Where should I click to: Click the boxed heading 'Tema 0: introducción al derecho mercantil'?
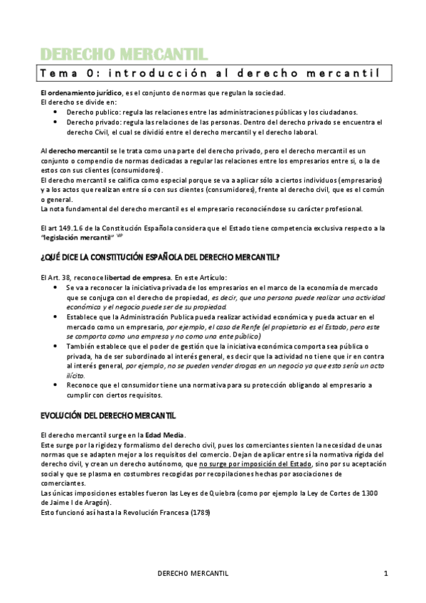pos(210,73)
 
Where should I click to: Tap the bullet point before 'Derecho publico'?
pos(56,112)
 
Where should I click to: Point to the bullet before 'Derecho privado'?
pos(56,122)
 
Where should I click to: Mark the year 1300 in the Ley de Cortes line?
pos(378,492)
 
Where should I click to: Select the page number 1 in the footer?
pos(385,573)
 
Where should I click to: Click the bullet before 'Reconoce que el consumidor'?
pos(56,385)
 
